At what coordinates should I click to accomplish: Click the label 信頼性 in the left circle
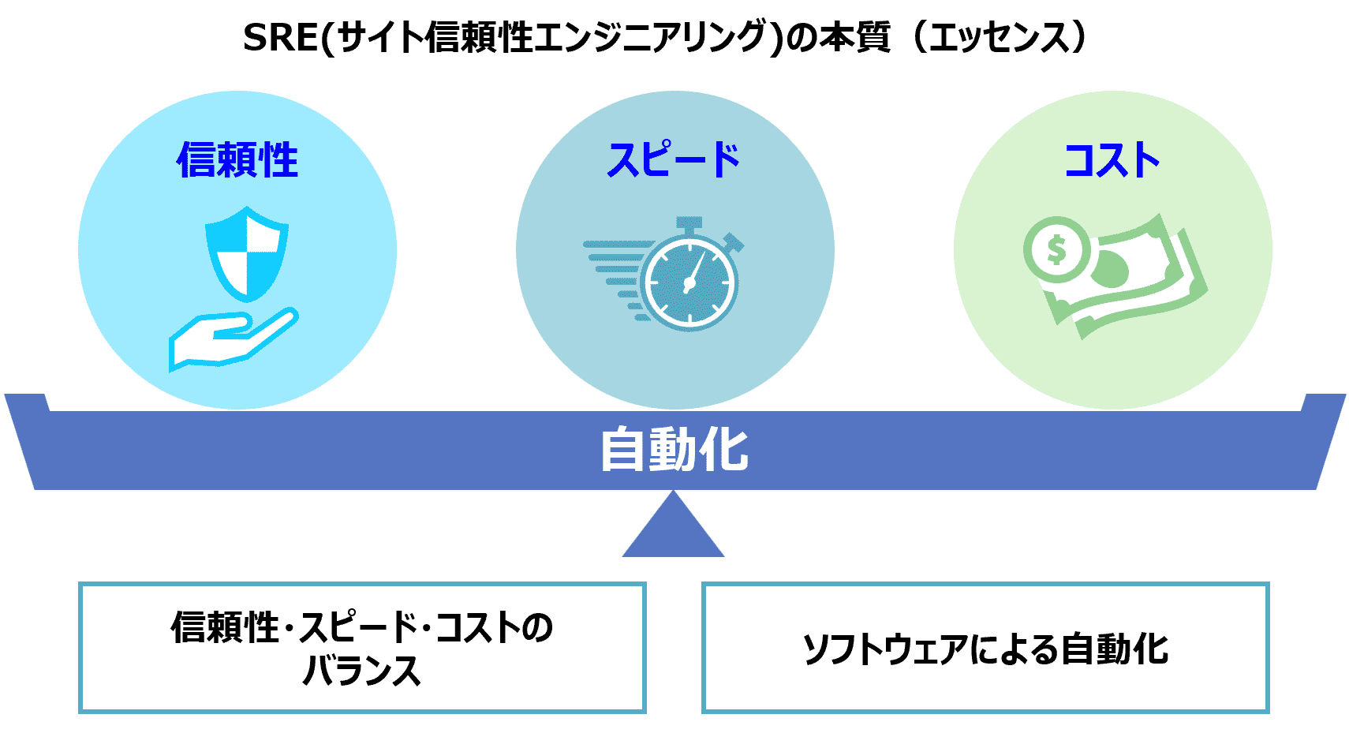237,160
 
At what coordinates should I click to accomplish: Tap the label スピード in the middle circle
674,160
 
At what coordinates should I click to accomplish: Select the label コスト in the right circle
1112,160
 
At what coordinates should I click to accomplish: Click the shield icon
246,252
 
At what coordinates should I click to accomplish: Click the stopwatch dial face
690,283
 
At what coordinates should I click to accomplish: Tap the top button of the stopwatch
689,223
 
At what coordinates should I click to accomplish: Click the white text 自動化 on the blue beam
674,450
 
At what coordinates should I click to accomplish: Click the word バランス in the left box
361,671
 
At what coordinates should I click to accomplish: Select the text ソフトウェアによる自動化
985,649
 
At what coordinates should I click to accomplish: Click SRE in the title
279,37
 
